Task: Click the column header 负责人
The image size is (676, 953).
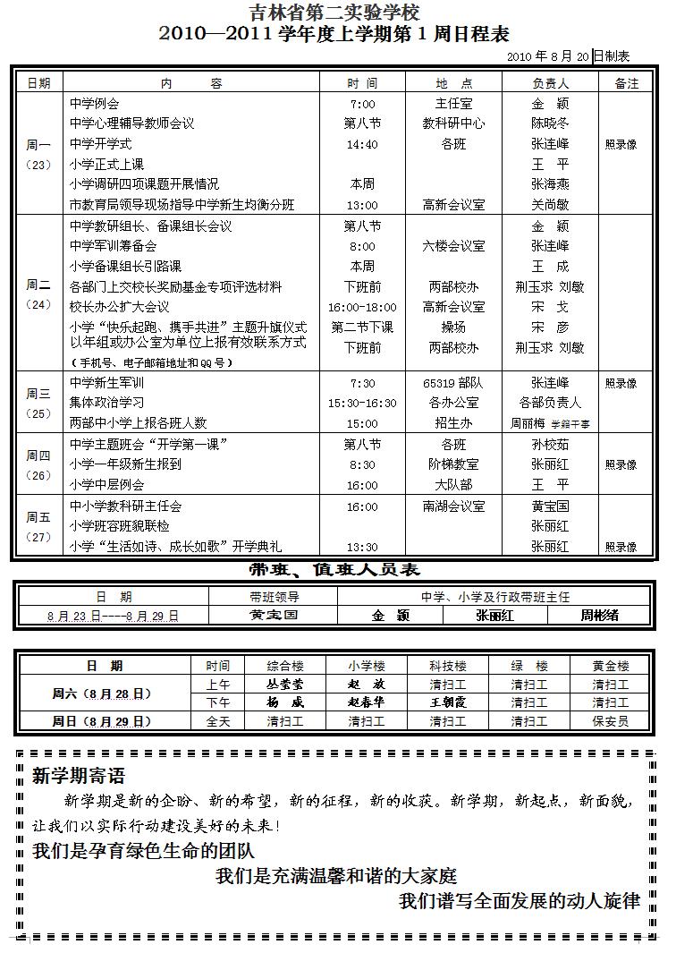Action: point(549,83)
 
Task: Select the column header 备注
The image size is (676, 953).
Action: point(627,83)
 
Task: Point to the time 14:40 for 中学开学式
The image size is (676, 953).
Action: point(362,144)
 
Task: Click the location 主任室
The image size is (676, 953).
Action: point(452,104)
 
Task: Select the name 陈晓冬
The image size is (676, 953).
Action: point(549,123)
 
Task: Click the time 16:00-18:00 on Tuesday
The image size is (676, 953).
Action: point(362,307)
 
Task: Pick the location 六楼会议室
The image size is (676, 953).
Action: point(453,246)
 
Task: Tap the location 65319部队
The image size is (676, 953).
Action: point(453,383)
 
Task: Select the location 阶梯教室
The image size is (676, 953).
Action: point(453,464)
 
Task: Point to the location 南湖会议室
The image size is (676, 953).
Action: point(453,506)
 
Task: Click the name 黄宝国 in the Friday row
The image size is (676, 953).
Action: point(549,506)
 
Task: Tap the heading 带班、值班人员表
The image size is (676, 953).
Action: point(334,570)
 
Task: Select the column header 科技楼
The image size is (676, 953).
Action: point(447,666)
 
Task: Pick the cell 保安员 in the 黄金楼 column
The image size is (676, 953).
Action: point(611,720)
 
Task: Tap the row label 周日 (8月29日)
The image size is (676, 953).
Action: point(101,720)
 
